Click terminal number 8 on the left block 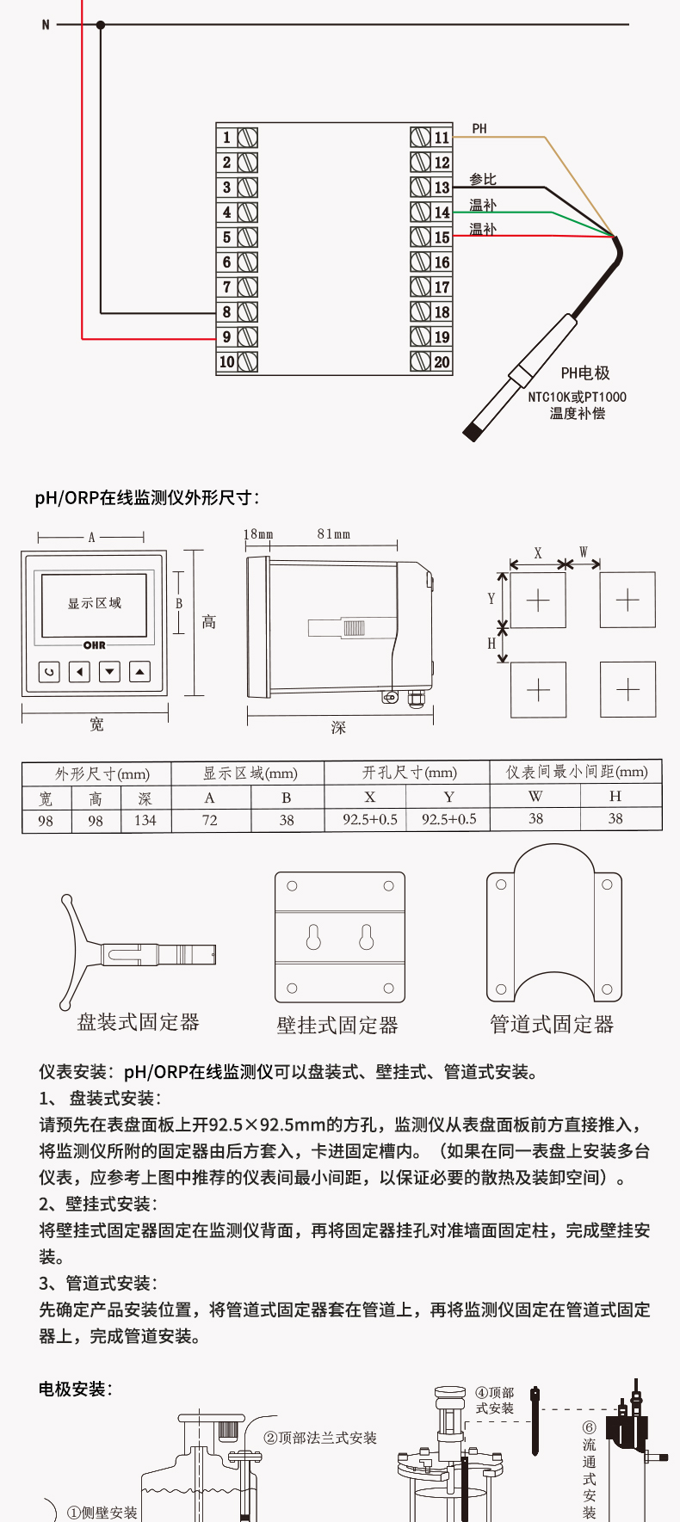tap(227, 312)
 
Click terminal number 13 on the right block tap(442, 188)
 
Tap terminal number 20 tap(442, 362)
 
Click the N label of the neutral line tap(46, 25)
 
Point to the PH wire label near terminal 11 tap(479, 129)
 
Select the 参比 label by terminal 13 tap(483, 179)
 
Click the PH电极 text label tap(585, 373)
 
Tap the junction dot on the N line tap(101, 25)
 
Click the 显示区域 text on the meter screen tap(95, 603)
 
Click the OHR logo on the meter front tap(95, 645)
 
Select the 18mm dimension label tap(258, 534)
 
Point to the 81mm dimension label tap(334, 534)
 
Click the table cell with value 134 tap(145, 821)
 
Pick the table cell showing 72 tap(209, 821)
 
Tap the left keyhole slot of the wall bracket tap(313, 937)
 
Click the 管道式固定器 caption tap(552, 1024)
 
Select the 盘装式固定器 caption tap(139, 1022)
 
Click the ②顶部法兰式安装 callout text tap(320, 1438)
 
